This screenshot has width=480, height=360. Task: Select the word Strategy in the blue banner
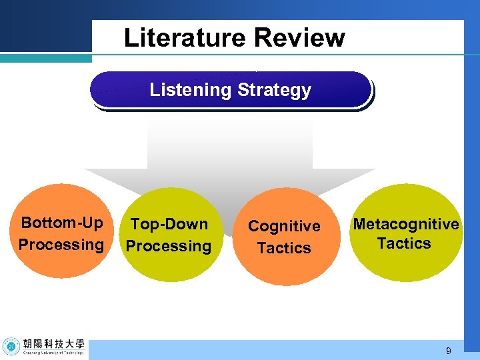tap(273, 89)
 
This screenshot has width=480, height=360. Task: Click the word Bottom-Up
tap(62, 222)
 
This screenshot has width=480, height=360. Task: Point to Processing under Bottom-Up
tap(61, 244)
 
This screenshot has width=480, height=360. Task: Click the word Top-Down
tap(169, 224)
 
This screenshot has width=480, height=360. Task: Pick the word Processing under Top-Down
tap(169, 246)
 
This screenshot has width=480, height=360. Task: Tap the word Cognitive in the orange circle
tap(284, 226)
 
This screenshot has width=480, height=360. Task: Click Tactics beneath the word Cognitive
tap(284, 248)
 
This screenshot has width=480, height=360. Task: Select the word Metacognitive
tap(405, 224)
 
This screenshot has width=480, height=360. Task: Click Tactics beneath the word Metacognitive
tap(404, 243)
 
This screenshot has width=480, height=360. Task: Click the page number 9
tap(449, 351)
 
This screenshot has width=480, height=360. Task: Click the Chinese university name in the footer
tap(53, 344)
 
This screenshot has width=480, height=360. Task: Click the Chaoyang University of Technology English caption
tap(53, 354)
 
